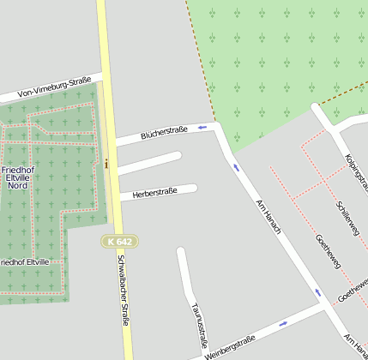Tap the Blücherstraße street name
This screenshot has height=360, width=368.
pos(164,131)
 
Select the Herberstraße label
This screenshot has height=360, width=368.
pos(154,192)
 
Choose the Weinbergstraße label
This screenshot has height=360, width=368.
pos(230,344)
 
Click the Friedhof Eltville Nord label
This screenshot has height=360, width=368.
pos(17,177)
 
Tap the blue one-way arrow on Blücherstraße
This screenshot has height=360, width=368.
pos(202,127)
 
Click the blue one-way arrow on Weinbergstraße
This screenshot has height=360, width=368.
pos(284,324)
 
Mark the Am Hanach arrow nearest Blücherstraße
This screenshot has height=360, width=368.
pos(237,167)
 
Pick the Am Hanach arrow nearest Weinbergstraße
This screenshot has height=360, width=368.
pos(317,292)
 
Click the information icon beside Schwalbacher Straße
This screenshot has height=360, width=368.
pos(106,163)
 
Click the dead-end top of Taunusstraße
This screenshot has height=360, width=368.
pos(181,252)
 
